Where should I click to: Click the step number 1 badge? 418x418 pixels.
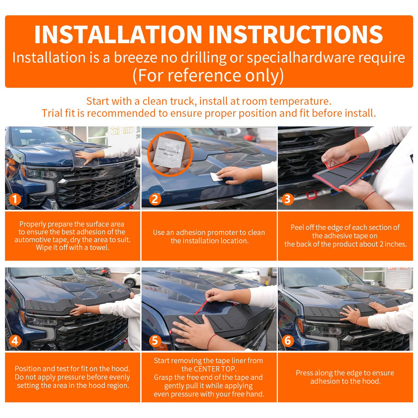pos(15,199)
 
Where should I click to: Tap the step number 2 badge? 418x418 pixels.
pos(155,199)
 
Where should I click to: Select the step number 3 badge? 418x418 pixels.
pos(288,199)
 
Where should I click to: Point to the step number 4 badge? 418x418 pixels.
pos(15,341)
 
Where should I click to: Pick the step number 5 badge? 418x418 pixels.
pos(155,341)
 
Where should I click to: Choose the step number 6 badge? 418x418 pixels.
pos(288,341)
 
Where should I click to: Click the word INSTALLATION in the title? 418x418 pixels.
pos(118,35)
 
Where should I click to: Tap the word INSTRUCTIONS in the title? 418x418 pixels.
pos(296,35)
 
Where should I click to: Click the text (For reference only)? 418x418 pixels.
pos(208,75)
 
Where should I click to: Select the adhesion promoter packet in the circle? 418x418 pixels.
pos(169,152)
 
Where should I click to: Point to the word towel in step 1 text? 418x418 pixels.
pos(99,248)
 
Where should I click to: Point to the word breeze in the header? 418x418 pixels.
pos(136,58)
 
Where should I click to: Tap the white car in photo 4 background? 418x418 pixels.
pos(131,279)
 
